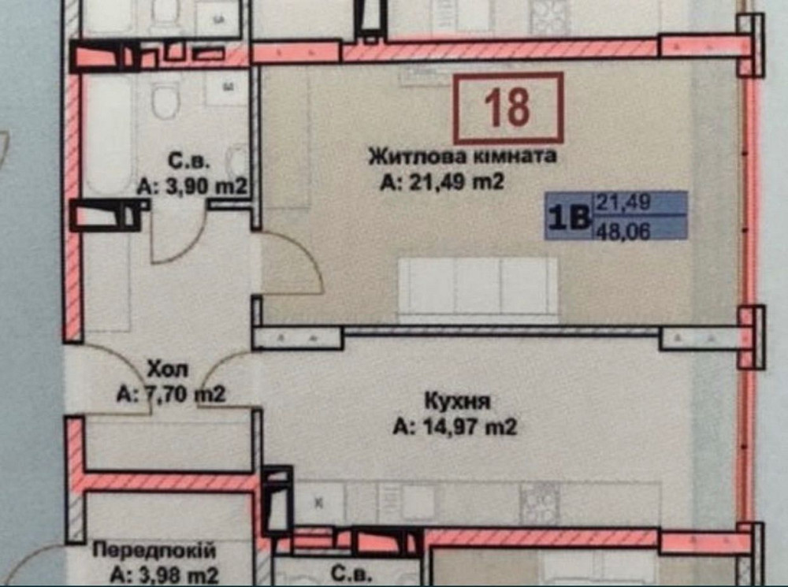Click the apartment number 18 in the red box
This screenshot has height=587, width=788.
tap(507, 107)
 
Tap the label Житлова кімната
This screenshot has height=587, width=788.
tap(463, 156)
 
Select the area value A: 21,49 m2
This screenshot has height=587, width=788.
tap(442, 182)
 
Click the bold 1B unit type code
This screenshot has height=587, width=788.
tap(570, 217)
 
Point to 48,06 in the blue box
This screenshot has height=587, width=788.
tap(623, 231)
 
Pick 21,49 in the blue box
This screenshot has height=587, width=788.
tap(623, 202)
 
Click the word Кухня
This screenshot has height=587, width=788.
tap(457, 402)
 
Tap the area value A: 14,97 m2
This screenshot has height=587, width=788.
tap(455, 427)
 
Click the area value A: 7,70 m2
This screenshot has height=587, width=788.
tap(171, 395)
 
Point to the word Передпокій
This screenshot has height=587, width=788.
tap(154, 550)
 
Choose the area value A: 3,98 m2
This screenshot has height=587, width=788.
tap(165, 574)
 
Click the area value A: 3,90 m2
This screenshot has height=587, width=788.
tap(192, 187)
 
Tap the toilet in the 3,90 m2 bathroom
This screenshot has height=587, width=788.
tap(165, 99)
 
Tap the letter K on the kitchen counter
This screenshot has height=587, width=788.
tap(318, 503)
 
